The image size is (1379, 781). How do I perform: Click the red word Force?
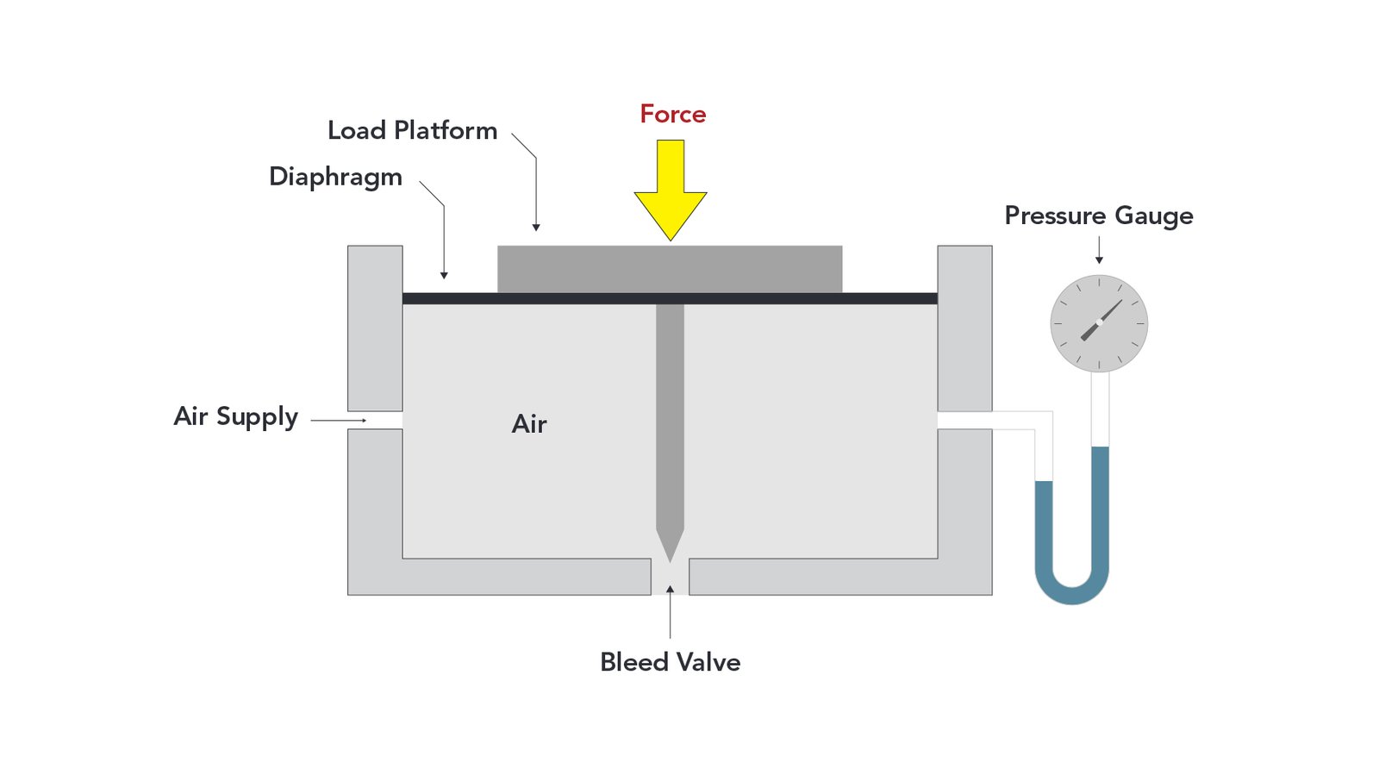[x=672, y=115]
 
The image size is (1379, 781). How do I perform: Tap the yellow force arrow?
[x=671, y=191]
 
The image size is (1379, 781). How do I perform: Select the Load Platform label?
[x=412, y=131]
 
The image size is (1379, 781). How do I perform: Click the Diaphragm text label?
[x=335, y=178]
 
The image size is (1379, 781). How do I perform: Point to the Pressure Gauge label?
[x=1099, y=216]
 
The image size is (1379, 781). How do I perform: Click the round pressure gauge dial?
[x=1099, y=323]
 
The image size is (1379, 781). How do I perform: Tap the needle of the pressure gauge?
[x=1101, y=321]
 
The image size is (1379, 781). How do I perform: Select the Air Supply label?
[x=235, y=417]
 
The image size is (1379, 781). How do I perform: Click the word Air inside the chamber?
[x=529, y=424]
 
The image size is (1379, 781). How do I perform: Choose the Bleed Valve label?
[x=670, y=662]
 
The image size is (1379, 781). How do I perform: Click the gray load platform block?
[x=670, y=269]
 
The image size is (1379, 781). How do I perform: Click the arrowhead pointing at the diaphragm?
[x=444, y=275]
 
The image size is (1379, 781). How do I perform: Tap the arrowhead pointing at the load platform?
[x=536, y=228]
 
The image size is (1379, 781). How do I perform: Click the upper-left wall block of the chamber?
[x=375, y=328]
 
